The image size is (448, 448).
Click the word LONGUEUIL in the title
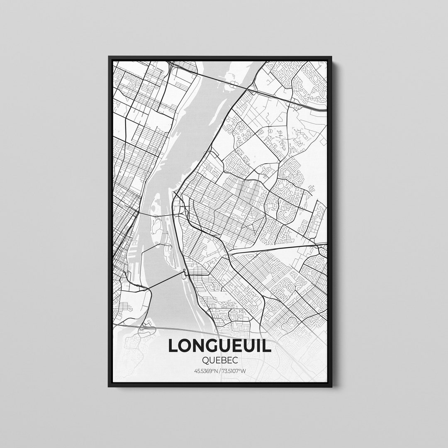point(219,346)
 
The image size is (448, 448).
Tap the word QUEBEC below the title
point(220,361)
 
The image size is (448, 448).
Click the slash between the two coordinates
point(220,371)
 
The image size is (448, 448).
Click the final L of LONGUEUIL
point(267,346)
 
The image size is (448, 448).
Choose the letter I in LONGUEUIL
point(260,346)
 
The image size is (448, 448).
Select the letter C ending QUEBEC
point(236,361)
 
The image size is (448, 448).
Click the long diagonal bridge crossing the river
point(164,281)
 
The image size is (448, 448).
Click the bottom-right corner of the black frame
point(331,386)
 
